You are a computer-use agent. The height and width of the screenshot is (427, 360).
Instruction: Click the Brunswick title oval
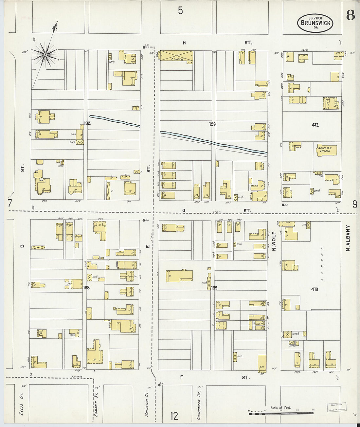pyautogui.click(x=315, y=23)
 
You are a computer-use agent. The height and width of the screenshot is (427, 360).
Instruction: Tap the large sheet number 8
pyautogui.click(x=350, y=15)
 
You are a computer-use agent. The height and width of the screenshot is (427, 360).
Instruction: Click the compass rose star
pyautogui.click(x=46, y=53)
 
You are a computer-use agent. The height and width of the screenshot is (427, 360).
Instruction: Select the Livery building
pyautogui.click(x=176, y=56)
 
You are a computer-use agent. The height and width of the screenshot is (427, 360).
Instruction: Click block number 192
pyautogui.click(x=87, y=123)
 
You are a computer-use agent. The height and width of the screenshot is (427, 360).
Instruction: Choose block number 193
pyautogui.click(x=212, y=124)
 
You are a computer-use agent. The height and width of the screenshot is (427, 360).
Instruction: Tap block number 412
pyautogui.click(x=315, y=125)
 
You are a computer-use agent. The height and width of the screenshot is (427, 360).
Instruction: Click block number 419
pyautogui.click(x=315, y=289)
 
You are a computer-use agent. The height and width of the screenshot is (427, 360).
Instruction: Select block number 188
pyautogui.click(x=86, y=288)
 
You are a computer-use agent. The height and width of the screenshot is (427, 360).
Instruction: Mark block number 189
pyautogui.click(x=214, y=288)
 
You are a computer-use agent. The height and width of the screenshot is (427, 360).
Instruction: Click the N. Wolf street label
pyautogui.click(x=274, y=241)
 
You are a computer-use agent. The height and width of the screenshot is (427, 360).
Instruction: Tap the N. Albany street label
pyautogui.click(x=348, y=238)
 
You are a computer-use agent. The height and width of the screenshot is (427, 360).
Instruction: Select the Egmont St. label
pyautogui.click(x=96, y=405)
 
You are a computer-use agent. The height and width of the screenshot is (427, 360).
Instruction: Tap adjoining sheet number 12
pyautogui.click(x=174, y=416)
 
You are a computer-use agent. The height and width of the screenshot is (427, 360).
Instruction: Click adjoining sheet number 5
pyautogui.click(x=180, y=11)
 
